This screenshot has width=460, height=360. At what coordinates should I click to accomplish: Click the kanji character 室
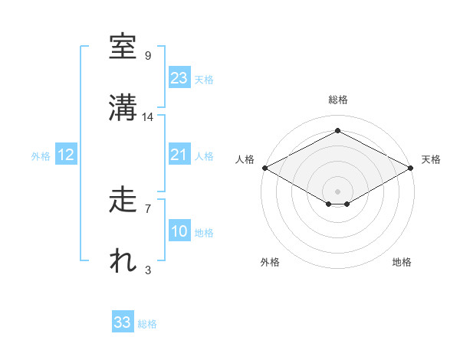[123, 47]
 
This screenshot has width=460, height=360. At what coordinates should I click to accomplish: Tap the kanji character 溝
[123, 108]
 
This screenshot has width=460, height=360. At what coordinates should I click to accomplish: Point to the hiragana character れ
[123, 261]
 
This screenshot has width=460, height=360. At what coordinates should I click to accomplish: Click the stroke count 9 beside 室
[148, 56]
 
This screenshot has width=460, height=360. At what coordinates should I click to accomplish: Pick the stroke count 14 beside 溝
[148, 117]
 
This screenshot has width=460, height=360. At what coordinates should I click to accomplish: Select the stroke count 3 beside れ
[148, 270]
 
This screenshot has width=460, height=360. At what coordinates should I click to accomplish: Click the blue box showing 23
[179, 78]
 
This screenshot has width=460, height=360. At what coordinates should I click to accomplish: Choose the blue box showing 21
[179, 155]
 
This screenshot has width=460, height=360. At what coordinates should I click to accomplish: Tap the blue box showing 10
[179, 231]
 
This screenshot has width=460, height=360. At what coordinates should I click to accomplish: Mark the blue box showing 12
[66, 155]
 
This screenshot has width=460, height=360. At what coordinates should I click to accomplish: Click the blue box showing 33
[123, 322]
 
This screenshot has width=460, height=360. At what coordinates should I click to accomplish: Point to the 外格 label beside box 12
[41, 155]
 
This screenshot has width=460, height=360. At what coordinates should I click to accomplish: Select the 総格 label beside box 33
[147, 324]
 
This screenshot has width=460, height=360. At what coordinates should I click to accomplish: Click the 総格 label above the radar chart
[337, 100]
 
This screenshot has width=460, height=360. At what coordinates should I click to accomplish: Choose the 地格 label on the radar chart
[402, 262]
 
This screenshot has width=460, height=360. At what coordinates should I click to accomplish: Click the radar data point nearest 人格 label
[264, 168]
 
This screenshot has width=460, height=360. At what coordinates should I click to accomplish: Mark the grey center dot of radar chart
[337, 190]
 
